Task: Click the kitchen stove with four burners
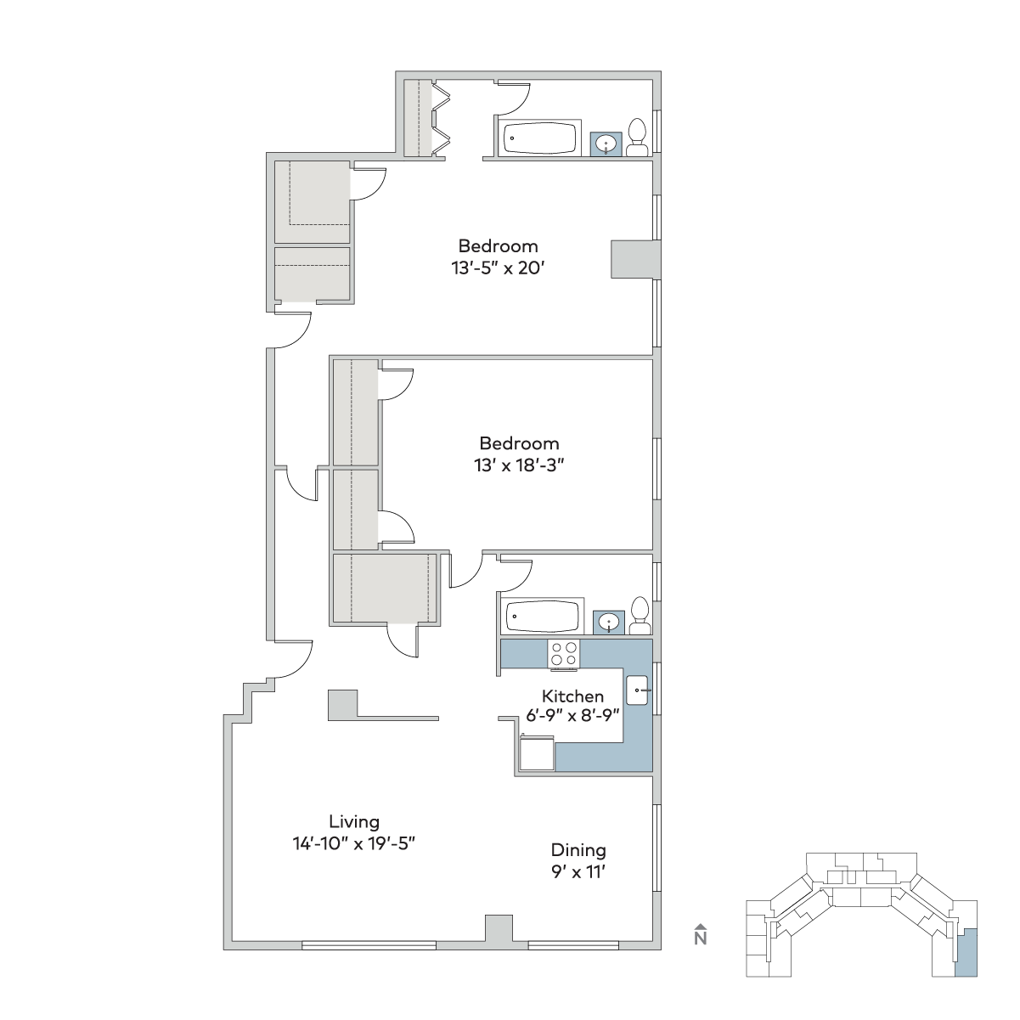[x=564, y=654]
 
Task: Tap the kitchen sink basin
[x=637, y=690]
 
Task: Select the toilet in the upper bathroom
[x=637, y=138]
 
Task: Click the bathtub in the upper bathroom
[x=539, y=138]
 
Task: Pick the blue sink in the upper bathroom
[x=606, y=144]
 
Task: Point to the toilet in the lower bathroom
[x=640, y=616]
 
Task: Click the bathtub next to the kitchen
[x=543, y=616]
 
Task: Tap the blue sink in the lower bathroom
[x=609, y=622]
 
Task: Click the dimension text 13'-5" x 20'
[x=498, y=268]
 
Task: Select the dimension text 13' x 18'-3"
[x=519, y=465]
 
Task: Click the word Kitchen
[x=572, y=696]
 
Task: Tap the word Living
[x=354, y=821]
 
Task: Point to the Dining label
[x=578, y=849]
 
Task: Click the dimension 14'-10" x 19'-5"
[x=354, y=843]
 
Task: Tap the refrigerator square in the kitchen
[x=537, y=753]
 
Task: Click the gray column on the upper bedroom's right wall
[x=636, y=259]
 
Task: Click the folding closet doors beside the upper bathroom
[x=441, y=118]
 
